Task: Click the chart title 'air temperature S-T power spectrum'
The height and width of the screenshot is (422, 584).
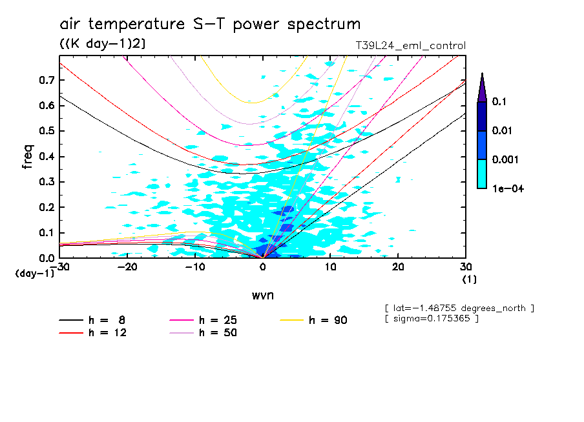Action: click(x=210, y=25)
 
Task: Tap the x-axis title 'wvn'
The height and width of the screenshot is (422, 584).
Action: click(x=262, y=295)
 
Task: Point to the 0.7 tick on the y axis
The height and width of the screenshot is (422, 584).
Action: click(x=45, y=80)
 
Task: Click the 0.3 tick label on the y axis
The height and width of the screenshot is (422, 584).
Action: click(x=45, y=182)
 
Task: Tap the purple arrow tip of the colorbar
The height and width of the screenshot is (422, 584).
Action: click(x=482, y=86)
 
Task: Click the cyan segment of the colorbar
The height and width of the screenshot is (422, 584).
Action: click(x=482, y=174)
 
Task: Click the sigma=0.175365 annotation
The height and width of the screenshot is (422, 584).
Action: click(x=431, y=319)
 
